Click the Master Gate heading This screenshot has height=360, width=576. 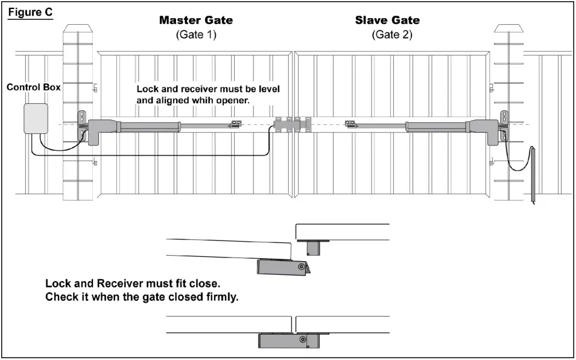pos(195,20)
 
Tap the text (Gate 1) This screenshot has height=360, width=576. pos(195,34)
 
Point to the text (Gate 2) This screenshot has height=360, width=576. pos(392,34)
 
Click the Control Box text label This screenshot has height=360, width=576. pos(34,87)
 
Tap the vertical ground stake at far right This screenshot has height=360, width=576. pos(533,175)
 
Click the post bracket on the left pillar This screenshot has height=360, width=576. pos(81,126)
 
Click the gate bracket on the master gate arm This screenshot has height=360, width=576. pos(235,126)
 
